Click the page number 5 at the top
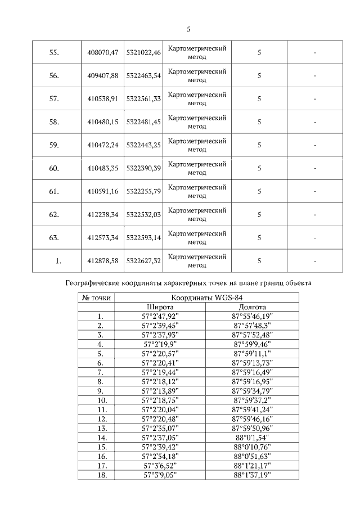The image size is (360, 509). (188, 29)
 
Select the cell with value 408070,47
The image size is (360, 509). (103, 52)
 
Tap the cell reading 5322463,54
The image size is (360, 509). (143, 75)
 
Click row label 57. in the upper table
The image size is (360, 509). (54, 98)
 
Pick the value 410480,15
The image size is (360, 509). (103, 121)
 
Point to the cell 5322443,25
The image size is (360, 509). (143, 145)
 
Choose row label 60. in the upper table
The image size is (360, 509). (54, 168)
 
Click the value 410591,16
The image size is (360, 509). (103, 191)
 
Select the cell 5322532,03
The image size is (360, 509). (143, 214)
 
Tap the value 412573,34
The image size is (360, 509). (103, 237)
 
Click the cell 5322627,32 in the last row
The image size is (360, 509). (143, 260)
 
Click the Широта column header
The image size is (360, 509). (160, 308)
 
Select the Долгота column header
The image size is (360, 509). (253, 308)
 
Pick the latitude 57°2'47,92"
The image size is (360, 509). (160, 317)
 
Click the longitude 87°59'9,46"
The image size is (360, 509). (253, 344)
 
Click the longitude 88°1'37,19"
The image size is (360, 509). (253, 475)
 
